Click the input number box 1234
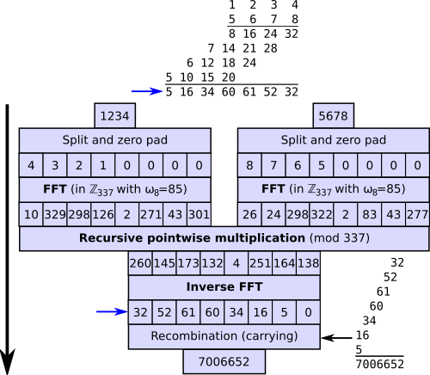click(115, 116)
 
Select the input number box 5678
click(333, 116)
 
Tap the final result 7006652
click(224, 362)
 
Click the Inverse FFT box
click(224, 287)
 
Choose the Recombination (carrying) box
click(224, 336)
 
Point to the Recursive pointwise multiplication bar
click(224, 238)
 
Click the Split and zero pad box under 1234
click(115, 141)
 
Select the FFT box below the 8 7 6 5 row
click(333, 189)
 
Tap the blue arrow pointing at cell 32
click(112, 312)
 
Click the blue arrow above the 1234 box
click(146, 91)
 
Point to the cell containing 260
click(141, 263)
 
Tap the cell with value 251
click(260, 263)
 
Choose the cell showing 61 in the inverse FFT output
click(188, 312)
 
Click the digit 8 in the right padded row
click(249, 165)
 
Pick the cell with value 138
click(307, 263)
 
